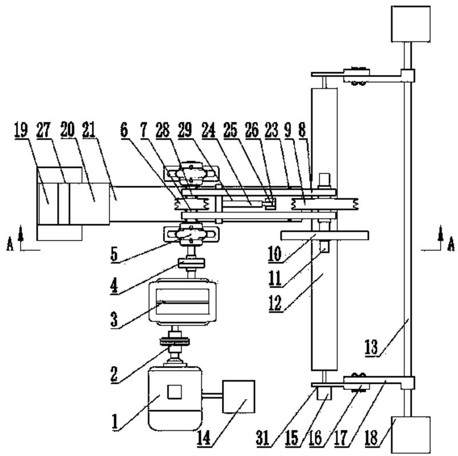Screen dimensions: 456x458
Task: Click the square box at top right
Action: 409,23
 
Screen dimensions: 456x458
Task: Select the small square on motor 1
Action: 175,392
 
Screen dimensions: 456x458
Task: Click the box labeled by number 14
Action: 237,396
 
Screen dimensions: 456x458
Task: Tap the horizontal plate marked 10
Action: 325,235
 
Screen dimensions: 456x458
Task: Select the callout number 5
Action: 116,253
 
